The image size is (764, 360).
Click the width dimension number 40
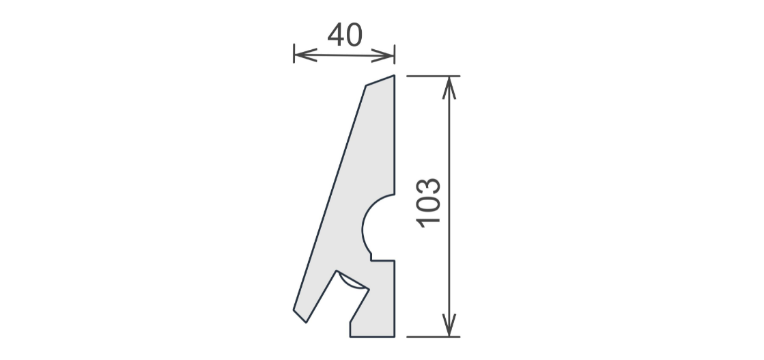(x=345, y=35)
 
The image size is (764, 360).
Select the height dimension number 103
(x=428, y=203)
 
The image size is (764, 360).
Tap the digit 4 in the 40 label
(x=336, y=35)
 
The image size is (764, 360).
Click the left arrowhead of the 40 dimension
(x=305, y=55)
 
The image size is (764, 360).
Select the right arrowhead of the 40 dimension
(x=383, y=55)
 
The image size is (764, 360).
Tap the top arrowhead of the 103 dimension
(x=449, y=88)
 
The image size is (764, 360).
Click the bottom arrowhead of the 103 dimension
(x=449, y=325)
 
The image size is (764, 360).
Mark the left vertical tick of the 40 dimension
(x=294, y=54)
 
